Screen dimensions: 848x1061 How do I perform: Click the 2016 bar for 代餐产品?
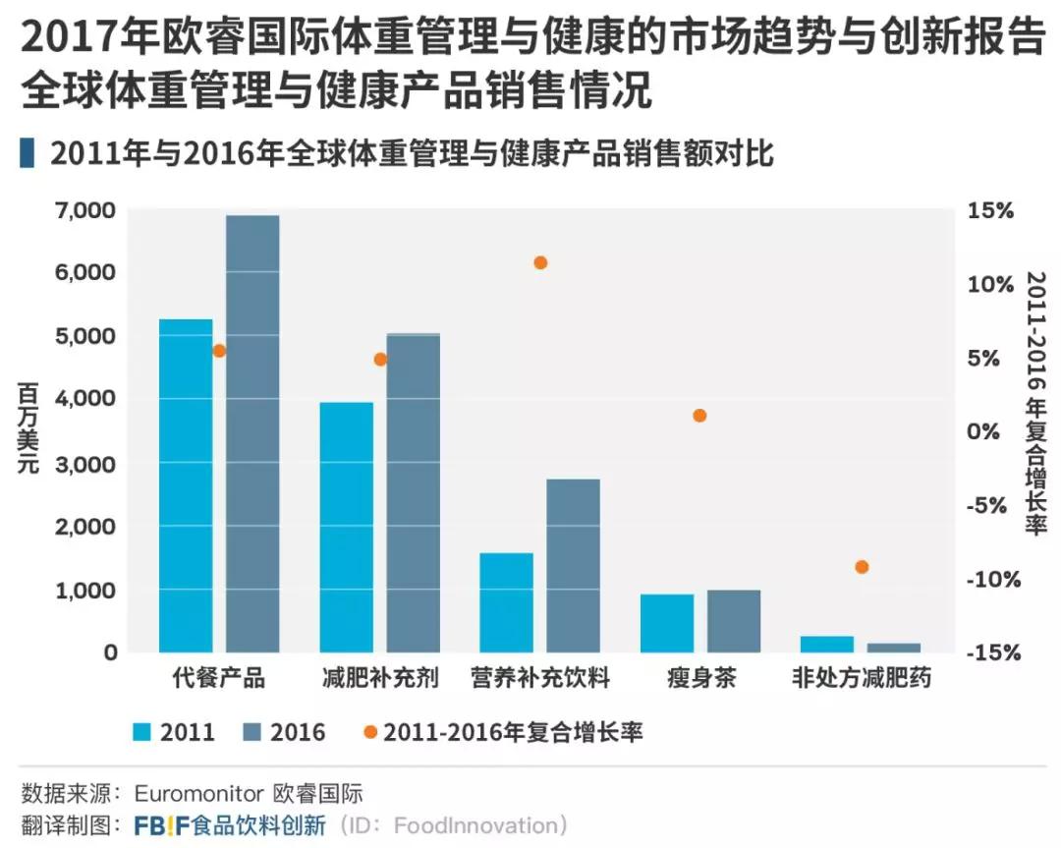(252, 432)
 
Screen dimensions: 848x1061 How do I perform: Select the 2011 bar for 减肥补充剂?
(346, 527)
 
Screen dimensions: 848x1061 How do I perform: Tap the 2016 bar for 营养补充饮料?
(573, 565)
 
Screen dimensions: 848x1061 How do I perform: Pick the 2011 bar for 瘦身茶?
(667, 623)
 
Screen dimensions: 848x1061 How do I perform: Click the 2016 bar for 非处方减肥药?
(894, 648)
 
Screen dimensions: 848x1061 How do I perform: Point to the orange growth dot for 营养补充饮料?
(539, 262)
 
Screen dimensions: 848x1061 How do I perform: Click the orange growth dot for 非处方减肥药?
(862, 567)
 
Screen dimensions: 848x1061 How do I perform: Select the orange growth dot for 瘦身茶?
(699, 416)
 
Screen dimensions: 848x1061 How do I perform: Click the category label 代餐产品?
(218, 679)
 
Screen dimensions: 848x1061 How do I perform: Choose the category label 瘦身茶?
(699, 679)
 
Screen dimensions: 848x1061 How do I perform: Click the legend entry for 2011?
(174, 732)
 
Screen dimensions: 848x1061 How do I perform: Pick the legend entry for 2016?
(284, 732)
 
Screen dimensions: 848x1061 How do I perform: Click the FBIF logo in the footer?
(161, 824)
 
